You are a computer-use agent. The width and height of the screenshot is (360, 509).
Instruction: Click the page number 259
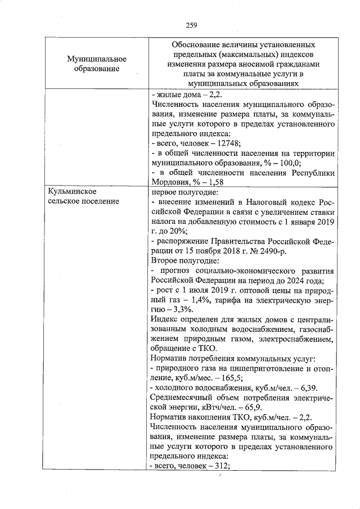coord(191,24)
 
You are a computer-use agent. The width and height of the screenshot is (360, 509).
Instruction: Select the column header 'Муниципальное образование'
coord(96,64)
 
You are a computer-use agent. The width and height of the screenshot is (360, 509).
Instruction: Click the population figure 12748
coord(228,143)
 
